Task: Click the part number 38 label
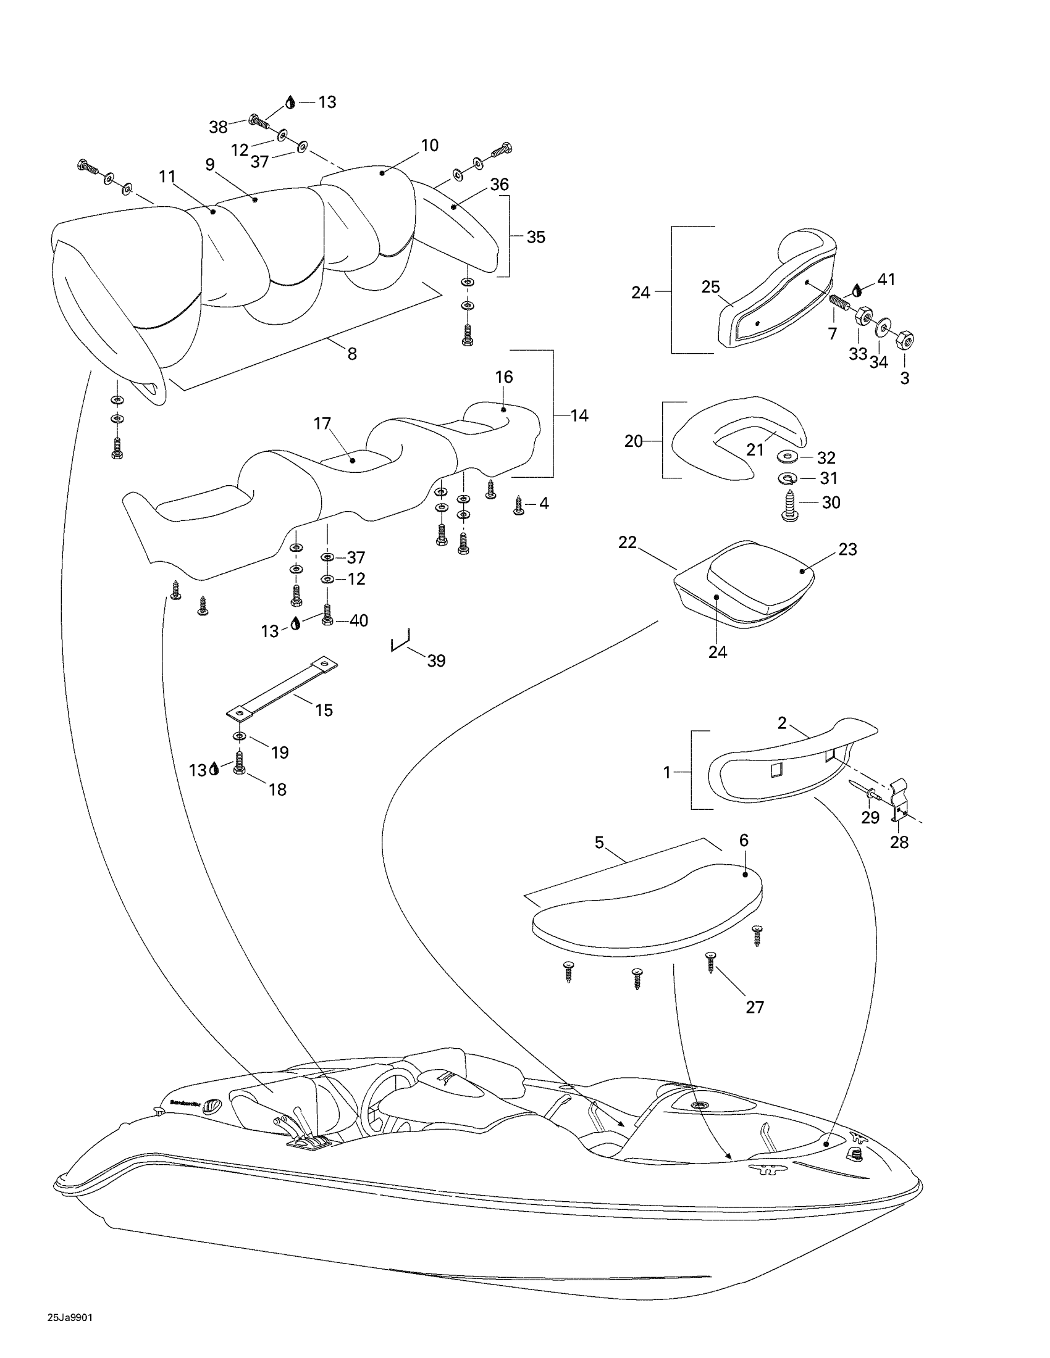pyautogui.click(x=217, y=128)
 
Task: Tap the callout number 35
pyautogui.click(x=535, y=237)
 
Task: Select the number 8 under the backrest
pyautogui.click(x=352, y=354)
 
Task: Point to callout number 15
pyautogui.click(x=324, y=710)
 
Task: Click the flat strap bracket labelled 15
pyautogui.click(x=282, y=688)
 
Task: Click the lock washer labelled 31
pyautogui.click(x=789, y=479)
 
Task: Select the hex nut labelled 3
pyautogui.click(x=905, y=340)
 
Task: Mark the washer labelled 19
pyautogui.click(x=240, y=737)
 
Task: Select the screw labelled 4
pyautogui.click(x=519, y=505)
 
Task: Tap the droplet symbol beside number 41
pyautogui.click(x=858, y=289)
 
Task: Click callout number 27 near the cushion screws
pyautogui.click(x=755, y=1007)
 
